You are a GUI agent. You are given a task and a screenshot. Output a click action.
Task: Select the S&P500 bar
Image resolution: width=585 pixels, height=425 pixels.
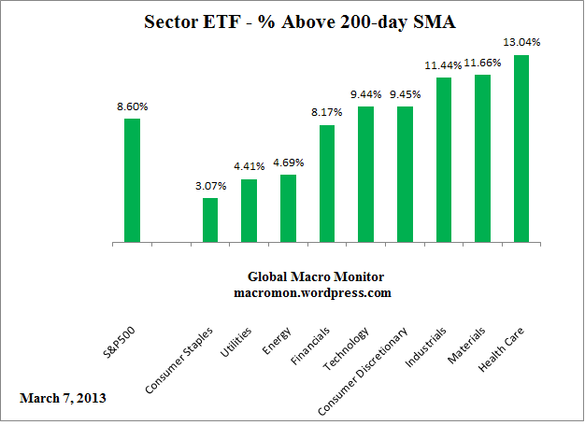132,180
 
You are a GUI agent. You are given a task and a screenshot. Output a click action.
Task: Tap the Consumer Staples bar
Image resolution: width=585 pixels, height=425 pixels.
210,220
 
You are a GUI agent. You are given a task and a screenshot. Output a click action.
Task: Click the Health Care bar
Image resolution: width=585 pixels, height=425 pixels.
521,149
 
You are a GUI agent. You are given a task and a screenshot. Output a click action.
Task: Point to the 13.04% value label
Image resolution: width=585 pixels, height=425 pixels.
522,43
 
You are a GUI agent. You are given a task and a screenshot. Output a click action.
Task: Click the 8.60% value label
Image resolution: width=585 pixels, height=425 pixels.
132,107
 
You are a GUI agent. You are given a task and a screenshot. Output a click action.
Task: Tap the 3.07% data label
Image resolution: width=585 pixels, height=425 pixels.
210,187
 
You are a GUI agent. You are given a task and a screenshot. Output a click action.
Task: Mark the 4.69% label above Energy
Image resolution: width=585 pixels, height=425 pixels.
288,163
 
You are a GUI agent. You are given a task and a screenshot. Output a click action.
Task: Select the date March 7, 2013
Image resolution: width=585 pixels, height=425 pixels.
63,398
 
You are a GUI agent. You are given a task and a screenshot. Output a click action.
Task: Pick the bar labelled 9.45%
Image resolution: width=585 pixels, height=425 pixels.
405,175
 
